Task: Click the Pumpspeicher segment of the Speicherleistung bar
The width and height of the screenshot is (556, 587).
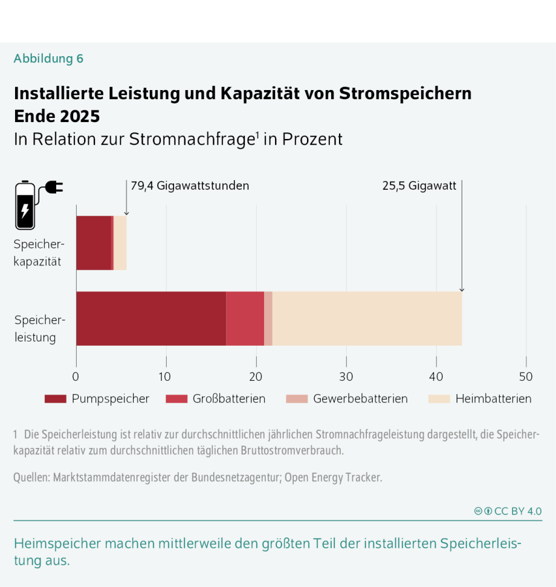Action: point(150,319)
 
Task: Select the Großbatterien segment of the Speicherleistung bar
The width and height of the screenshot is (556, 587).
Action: point(245,319)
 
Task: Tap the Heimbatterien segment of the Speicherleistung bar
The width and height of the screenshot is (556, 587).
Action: point(367,319)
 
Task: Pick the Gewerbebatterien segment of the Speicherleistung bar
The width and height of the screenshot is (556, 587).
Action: point(268,319)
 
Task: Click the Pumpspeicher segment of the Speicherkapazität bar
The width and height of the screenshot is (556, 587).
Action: point(94,242)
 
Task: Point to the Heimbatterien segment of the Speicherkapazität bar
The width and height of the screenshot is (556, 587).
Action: point(120,242)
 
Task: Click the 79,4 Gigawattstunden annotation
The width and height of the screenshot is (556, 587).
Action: point(190,186)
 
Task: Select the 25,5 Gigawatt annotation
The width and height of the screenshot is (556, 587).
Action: point(419,186)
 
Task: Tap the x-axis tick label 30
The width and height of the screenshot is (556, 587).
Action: point(346,377)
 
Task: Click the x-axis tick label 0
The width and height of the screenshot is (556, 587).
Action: point(76,377)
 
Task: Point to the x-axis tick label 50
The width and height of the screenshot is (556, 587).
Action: point(526,377)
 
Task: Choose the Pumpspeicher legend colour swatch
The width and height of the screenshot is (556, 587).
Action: point(56,399)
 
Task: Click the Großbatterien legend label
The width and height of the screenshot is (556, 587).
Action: point(229,399)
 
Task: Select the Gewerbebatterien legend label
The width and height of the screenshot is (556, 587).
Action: point(360,399)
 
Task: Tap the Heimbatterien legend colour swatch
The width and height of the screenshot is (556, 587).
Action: point(438,399)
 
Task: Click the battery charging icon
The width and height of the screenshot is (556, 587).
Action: point(25,206)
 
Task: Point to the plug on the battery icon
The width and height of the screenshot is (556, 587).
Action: point(54,187)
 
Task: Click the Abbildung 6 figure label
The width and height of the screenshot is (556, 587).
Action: point(48,59)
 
